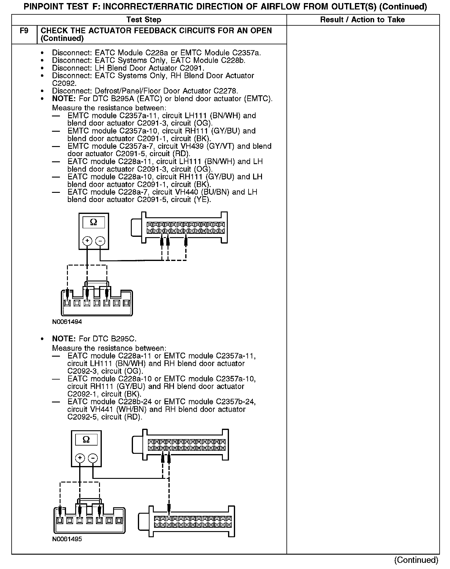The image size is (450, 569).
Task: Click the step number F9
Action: click(x=24, y=31)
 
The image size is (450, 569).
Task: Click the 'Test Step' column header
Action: click(x=144, y=20)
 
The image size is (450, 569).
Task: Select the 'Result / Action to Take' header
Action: click(x=362, y=20)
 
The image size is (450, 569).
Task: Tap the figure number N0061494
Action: click(x=67, y=322)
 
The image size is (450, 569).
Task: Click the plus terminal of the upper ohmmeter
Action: click(x=87, y=241)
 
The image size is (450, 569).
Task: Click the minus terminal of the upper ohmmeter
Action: click(x=100, y=241)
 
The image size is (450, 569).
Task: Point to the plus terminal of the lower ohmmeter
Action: click(x=80, y=458)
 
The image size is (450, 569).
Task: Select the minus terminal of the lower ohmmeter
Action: click(x=93, y=458)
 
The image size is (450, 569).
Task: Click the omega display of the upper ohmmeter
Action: click(x=94, y=222)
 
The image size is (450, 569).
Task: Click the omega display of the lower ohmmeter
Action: click(x=86, y=440)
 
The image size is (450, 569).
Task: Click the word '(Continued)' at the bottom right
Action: click(x=416, y=560)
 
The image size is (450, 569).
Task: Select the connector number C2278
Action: click(x=225, y=91)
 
